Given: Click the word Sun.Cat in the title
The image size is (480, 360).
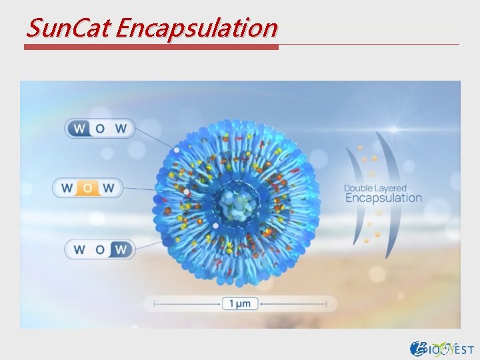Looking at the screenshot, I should click(x=68, y=28).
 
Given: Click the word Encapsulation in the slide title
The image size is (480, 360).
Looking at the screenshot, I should click(x=197, y=28).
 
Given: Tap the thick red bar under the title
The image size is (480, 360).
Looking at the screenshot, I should click(x=151, y=47).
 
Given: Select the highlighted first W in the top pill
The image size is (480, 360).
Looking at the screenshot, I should click(x=80, y=129).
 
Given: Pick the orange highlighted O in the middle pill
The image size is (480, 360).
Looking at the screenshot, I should click(x=87, y=188).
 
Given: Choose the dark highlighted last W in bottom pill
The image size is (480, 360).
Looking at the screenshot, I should click(x=121, y=249).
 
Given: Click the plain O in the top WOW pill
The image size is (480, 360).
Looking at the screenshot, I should click(x=100, y=129).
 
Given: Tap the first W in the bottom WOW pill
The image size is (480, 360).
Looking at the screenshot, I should click(x=79, y=249).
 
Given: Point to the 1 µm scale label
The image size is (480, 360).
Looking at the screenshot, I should click(x=240, y=304).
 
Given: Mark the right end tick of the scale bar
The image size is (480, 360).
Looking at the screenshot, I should click(x=326, y=304).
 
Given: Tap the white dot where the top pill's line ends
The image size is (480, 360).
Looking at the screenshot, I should click(x=177, y=150).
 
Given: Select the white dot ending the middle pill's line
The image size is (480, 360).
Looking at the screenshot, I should click(x=187, y=193).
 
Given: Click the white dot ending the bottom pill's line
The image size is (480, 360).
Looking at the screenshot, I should click(x=215, y=225).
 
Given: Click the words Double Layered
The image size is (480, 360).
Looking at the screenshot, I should click(x=375, y=188).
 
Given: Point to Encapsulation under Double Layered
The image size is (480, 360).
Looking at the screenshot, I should click(x=383, y=198).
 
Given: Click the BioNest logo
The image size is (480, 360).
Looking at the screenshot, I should click(x=442, y=348).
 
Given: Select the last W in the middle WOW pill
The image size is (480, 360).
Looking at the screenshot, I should click(x=109, y=188).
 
